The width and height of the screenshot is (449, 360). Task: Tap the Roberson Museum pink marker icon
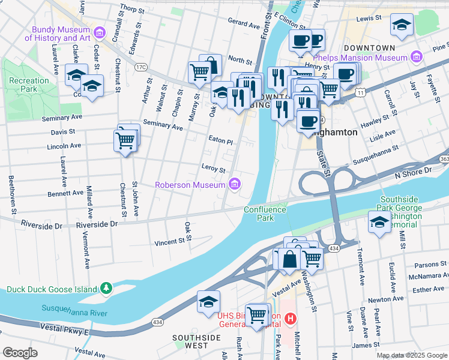click(x=235, y=184)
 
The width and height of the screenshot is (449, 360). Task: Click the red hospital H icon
click(x=291, y=318)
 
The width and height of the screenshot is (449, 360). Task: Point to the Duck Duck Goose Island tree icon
click(x=106, y=289)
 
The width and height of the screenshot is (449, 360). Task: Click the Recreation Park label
click(x=29, y=85)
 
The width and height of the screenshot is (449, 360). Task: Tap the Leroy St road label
click(x=213, y=170)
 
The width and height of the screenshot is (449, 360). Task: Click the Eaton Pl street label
click(x=220, y=140)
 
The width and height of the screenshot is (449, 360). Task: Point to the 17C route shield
click(x=141, y=67)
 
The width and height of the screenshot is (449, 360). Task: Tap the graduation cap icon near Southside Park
click(x=379, y=223)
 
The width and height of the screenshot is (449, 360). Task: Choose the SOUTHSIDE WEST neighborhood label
click(x=196, y=342)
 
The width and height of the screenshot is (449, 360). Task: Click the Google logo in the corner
click(x=20, y=353)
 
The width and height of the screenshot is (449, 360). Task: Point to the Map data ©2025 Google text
click(x=412, y=355)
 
